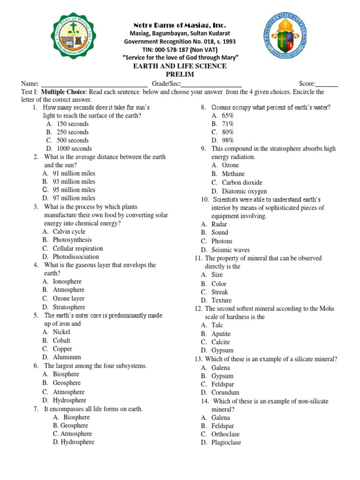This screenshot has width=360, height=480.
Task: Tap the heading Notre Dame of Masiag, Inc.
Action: point(180,25)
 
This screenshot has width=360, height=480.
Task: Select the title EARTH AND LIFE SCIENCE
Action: point(180,66)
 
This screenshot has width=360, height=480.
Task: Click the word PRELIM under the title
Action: point(180,75)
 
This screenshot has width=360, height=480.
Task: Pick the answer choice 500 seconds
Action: point(72,140)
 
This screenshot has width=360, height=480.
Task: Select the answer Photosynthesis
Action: point(72,240)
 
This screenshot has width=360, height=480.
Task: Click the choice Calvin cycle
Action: point(69,232)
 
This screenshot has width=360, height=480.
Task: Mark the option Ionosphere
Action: point(67,281)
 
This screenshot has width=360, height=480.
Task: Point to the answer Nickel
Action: point(61,332)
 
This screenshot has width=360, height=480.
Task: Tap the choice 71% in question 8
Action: point(228,124)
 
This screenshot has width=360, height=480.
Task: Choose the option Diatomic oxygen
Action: point(244,191)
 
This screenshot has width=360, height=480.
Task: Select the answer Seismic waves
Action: point(230,250)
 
